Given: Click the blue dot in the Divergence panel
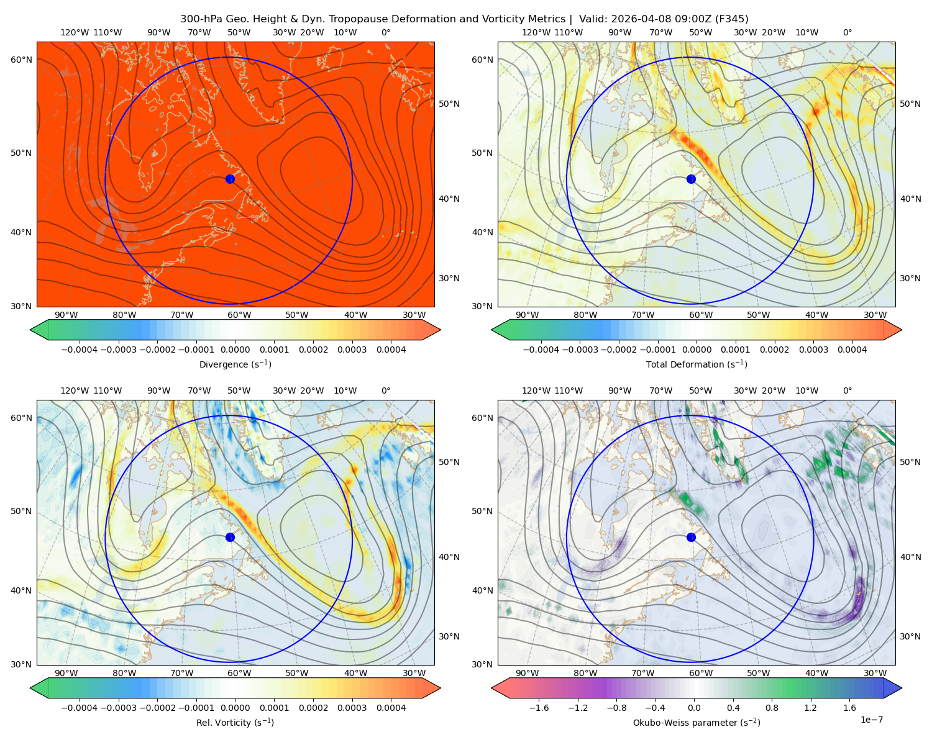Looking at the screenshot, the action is click(x=230, y=179).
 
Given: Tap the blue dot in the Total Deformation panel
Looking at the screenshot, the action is click(x=691, y=179).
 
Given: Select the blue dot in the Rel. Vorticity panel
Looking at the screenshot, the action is click(x=230, y=537).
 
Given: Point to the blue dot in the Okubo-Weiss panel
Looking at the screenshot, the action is click(x=691, y=537).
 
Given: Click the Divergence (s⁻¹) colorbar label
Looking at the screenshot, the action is click(x=235, y=364).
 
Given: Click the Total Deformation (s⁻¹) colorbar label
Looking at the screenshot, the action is click(x=697, y=364).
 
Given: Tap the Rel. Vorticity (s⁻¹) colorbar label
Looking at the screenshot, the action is click(x=235, y=722).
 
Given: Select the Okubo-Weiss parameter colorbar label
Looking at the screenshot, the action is click(x=697, y=722).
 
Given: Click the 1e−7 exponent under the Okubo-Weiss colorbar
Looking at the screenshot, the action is click(x=871, y=720).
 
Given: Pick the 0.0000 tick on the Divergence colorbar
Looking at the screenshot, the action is click(x=235, y=350).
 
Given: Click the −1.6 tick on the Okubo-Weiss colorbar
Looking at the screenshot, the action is click(x=539, y=707).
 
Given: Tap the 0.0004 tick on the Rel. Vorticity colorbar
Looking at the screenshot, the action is click(x=391, y=707).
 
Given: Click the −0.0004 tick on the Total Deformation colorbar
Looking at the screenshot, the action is click(x=541, y=350).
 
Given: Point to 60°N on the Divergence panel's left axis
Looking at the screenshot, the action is click(x=21, y=60).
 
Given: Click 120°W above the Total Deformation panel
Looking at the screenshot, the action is click(x=536, y=32).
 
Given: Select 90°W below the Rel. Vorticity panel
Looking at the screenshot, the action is click(x=66, y=673).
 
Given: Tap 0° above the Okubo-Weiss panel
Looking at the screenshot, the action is click(x=847, y=391).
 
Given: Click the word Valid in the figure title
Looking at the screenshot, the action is click(x=593, y=19).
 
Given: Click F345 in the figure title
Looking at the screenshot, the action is click(x=732, y=19).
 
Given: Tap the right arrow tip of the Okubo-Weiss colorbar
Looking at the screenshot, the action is click(x=902, y=688).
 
